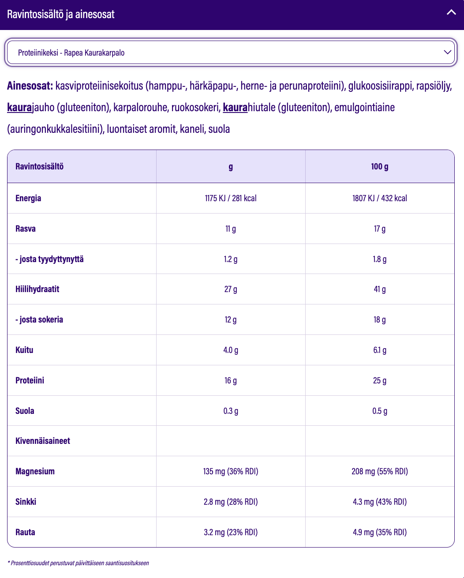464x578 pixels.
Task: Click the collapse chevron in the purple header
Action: point(451,13)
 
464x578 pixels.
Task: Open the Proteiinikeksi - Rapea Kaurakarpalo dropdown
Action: point(231,53)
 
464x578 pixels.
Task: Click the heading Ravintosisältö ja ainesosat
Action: point(61,14)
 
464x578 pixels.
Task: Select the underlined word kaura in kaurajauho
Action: point(19,107)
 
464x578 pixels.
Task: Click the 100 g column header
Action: point(379,166)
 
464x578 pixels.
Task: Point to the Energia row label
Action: point(28,198)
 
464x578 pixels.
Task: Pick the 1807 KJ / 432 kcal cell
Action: point(379,198)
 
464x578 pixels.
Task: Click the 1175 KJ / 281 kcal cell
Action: point(230,198)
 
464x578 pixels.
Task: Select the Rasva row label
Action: point(26,229)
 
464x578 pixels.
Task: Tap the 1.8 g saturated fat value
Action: point(379,259)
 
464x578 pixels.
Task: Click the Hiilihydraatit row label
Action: point(37,289)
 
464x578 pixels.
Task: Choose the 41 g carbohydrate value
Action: point(379,289)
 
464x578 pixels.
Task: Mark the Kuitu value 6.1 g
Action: point(379,350)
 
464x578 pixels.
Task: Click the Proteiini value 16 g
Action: point(230,380)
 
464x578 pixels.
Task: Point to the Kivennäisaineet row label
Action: point(43,441)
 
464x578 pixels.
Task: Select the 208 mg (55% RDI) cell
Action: point(379,471)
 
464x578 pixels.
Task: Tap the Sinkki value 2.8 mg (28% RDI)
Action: point(230,502)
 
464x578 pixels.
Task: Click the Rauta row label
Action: point(25,532)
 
